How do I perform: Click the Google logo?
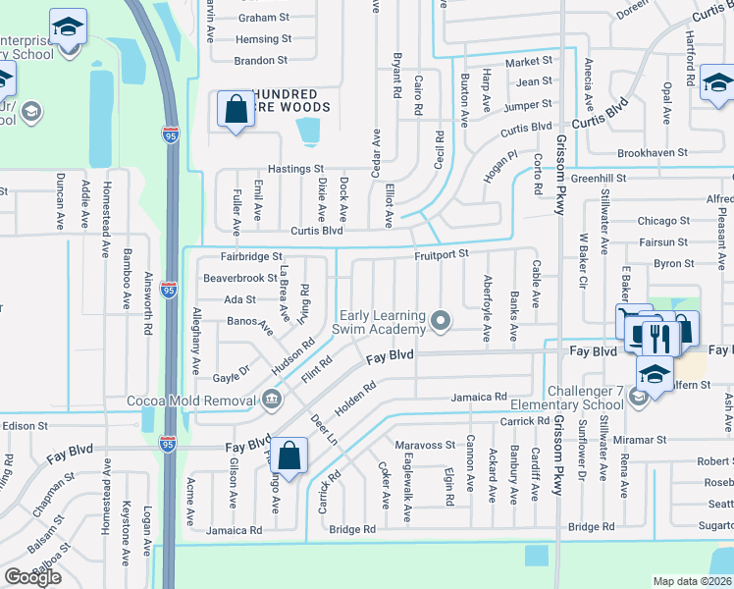tap(32, 577)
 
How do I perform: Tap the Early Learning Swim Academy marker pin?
tap(442, 320)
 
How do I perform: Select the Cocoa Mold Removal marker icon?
tap(272, 400)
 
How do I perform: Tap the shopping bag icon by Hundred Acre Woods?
tap(236, 110)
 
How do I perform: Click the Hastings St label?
tap(295, 169)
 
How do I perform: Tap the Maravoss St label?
tap(426, 444)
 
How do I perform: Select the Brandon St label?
tap(259, 60)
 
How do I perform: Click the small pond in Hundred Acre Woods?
tap(308, 130)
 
